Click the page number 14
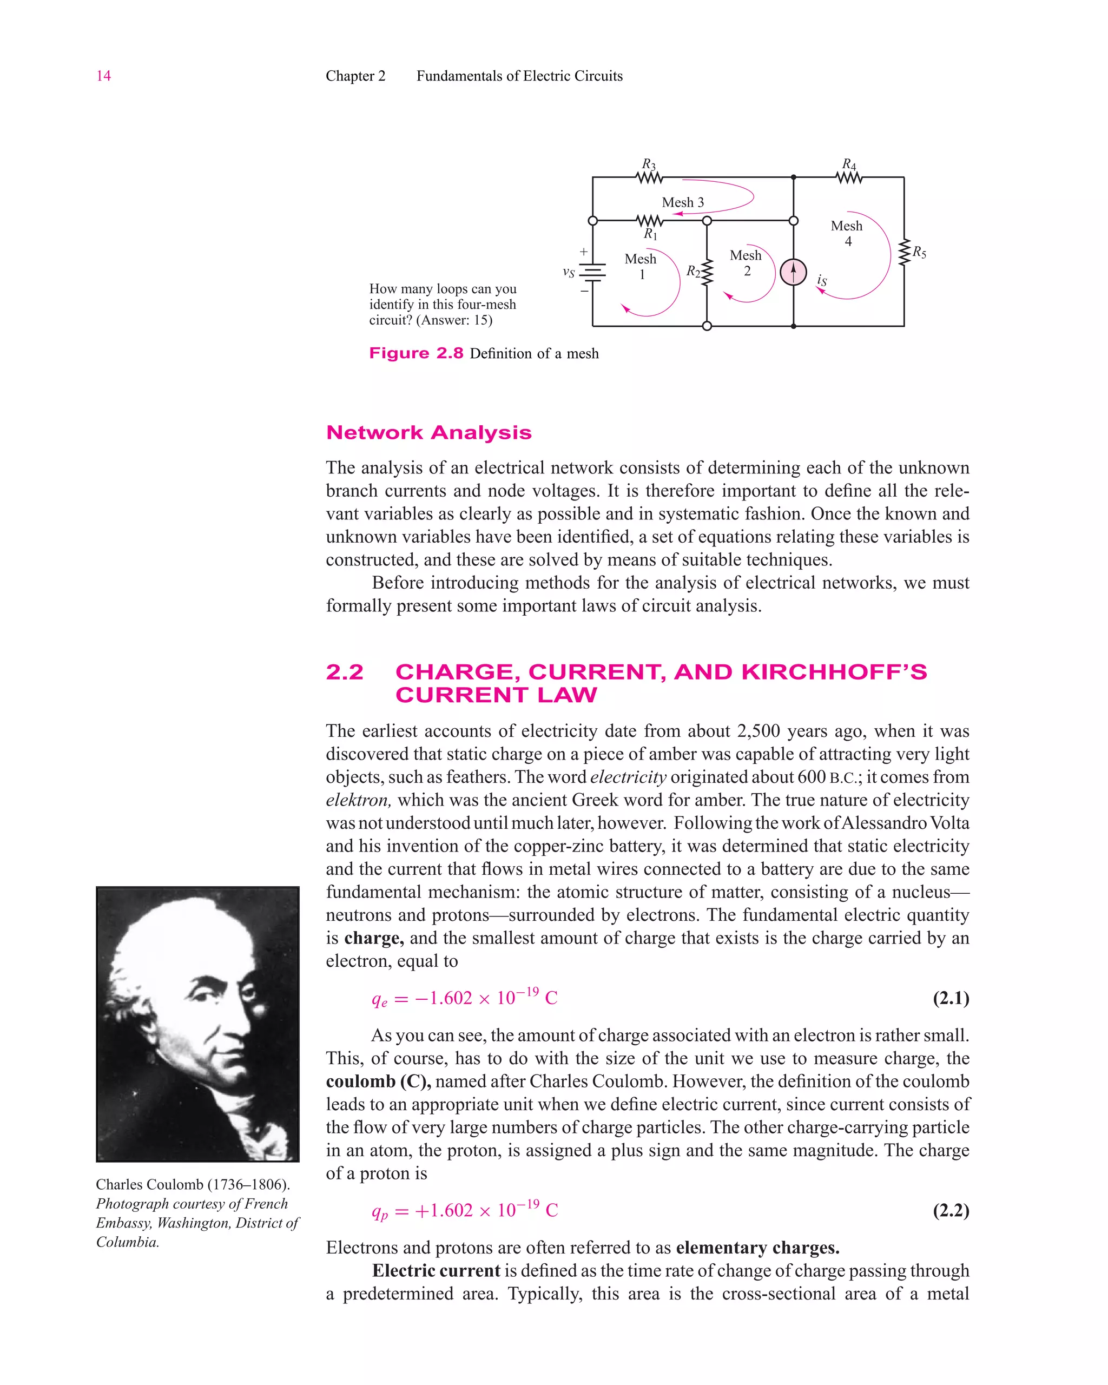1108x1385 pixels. pyautogui.click(x=103, y=76)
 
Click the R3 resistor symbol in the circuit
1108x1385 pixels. pyautogui.click(x=649, y=177)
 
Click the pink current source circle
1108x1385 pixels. pyautogui.click(x=793, y=272)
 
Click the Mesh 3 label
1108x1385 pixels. pyautogui.click(x=683, y=202)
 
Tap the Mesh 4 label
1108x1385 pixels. pyautogui.click(x=847, y=233)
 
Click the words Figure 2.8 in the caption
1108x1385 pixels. pyautogui.click(x=415, y=353)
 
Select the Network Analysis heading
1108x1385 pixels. pyautogui.click(x=428, y=432)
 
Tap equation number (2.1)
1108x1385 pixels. pyautogui.click(x=951, y=998)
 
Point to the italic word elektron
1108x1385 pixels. pyautogui.click(x=357, y=800)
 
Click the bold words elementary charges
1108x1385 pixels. pyautogui.click(x=757, y=1248)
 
